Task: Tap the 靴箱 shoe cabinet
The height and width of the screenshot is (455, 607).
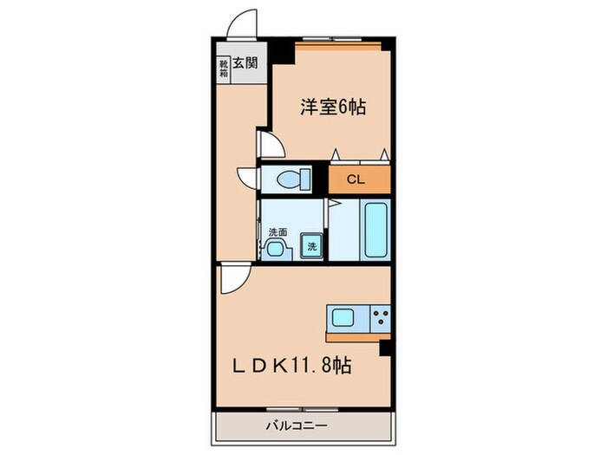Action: tap(223, 68)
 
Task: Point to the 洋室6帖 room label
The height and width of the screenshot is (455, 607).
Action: tap(332, 107)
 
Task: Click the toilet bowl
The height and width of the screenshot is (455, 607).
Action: tap(289, 180)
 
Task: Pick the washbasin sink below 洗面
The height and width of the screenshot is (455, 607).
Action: tap(277, 250)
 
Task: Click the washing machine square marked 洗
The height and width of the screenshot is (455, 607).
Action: tap(311, 246)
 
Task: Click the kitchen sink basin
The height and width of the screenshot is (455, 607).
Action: tap(340, 316)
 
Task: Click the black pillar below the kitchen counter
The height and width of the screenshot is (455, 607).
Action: tap(386, 348)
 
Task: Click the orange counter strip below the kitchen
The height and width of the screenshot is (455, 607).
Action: tap(358, 336)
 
